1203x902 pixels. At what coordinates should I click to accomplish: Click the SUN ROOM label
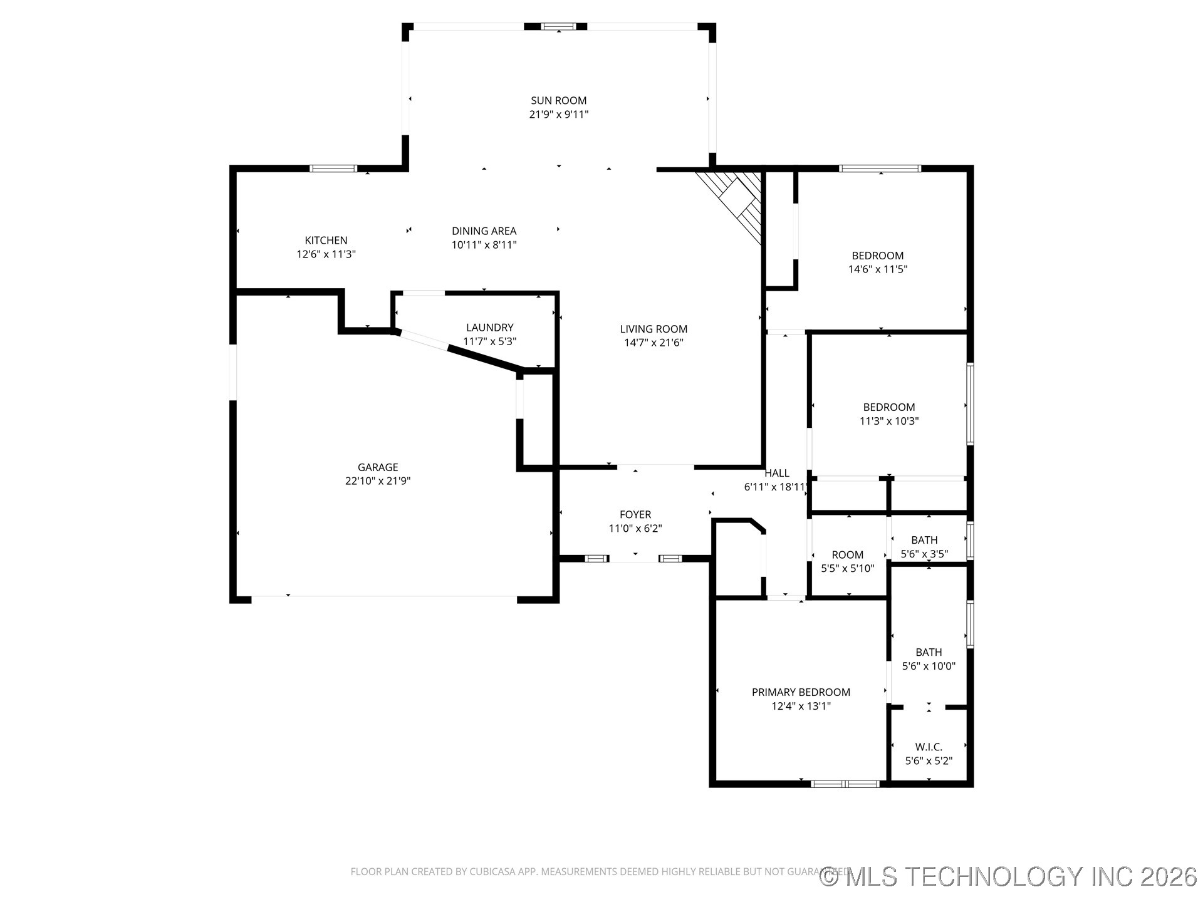558,100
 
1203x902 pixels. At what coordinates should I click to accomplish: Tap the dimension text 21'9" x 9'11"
558,115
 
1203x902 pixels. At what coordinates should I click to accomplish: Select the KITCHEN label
326,241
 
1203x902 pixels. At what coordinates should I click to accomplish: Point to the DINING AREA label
484,231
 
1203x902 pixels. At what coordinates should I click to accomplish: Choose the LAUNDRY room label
489,328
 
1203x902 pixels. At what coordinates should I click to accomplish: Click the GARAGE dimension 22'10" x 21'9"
377,481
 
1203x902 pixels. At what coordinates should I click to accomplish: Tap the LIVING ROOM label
654,329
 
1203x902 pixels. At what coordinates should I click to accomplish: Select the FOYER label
635,515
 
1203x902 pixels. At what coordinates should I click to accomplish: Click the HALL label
776,474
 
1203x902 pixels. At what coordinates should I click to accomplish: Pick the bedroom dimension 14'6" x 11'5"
877,269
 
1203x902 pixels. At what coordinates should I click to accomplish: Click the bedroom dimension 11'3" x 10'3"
888,421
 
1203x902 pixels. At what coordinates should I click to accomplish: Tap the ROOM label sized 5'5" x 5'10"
847,555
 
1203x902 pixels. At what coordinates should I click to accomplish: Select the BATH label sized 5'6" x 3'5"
924,540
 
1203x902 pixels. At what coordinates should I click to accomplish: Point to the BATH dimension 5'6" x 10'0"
928,666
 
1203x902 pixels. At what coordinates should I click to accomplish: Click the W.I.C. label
928,747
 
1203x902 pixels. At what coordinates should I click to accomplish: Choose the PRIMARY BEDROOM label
801,692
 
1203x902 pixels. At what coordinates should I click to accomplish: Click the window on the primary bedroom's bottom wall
845,784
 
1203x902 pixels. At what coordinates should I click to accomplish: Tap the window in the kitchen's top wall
333,168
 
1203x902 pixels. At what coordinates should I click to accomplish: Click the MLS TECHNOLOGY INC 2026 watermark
1009,877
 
